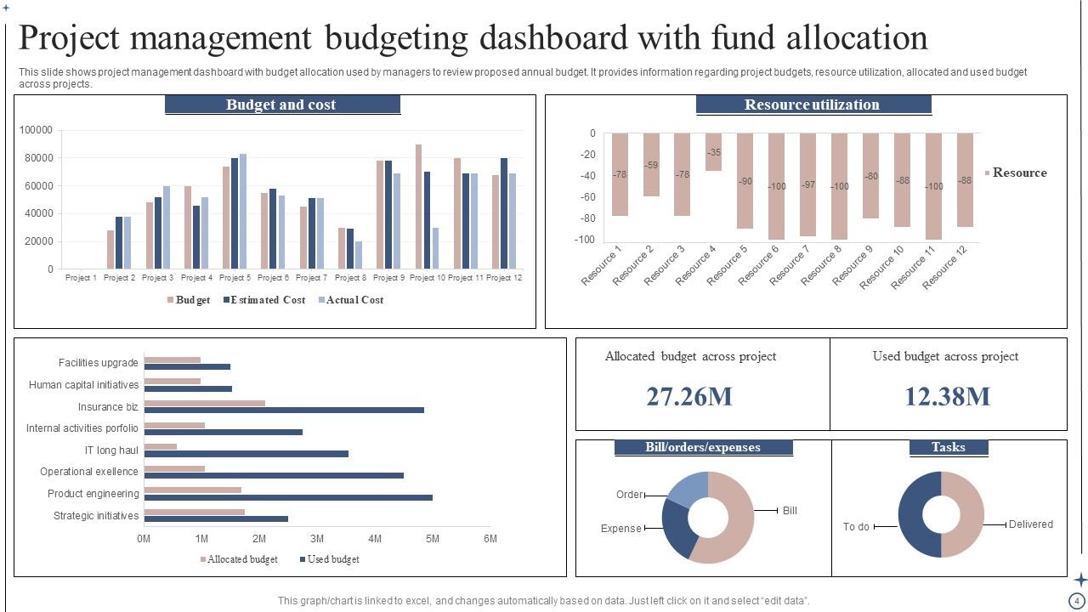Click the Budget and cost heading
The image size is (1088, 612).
[281, 105]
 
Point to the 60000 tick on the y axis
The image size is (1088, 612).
[38, 186]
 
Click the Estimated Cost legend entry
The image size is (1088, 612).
[264, 300]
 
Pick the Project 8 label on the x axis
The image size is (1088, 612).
[350, 278]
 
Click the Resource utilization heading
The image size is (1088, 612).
[813, 105]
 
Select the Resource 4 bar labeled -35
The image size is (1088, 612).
[713, 152]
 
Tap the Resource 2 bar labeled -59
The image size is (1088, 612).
[651, 165]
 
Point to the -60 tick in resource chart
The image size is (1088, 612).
[587, 197]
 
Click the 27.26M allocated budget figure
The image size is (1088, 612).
[688, 396]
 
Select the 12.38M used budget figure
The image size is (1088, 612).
[947, 396]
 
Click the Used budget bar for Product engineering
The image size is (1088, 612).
[288, 497]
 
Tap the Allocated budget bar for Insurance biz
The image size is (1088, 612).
[204, 403]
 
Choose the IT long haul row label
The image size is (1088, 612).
[111, 450]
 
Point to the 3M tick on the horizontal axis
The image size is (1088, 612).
[317, 539]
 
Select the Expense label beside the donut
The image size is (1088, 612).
[620, 529]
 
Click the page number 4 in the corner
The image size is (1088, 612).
[1077, 601]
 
